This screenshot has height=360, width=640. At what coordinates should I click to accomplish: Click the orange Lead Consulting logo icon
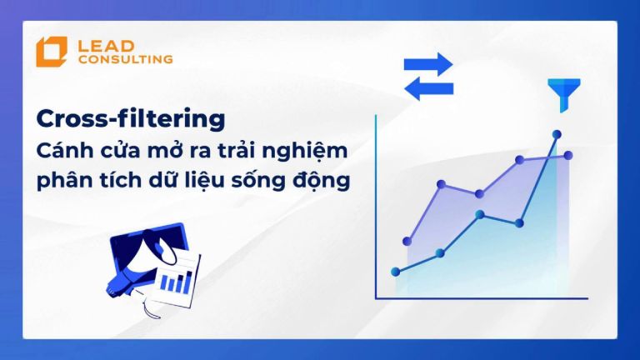(x=52, y=52)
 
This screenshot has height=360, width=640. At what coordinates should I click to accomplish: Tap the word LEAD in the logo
(x=106, y=46)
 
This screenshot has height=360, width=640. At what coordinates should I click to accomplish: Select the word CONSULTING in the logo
(x=126, y=59)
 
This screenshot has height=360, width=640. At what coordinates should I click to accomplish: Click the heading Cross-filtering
(x=131, y=119)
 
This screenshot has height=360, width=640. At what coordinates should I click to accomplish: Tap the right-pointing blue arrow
(x=428, y=64)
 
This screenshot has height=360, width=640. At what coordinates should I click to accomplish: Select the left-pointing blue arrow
(x=428, y=88)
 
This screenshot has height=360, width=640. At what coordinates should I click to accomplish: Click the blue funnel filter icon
(x=563, y=95)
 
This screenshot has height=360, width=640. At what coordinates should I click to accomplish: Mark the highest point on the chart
(x=557, y=134)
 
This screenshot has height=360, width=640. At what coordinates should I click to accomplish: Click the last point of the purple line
(x=568, y=155)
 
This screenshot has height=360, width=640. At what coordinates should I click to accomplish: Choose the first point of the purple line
(x=407, y=241)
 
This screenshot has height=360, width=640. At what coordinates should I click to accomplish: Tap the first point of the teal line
(x=396, y=272)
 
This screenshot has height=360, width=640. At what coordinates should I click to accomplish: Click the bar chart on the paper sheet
(x=177, y=282)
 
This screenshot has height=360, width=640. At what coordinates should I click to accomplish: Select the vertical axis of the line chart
(x=376, y=207)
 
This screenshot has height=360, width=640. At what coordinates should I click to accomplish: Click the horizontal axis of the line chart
(x=482, y=298)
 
